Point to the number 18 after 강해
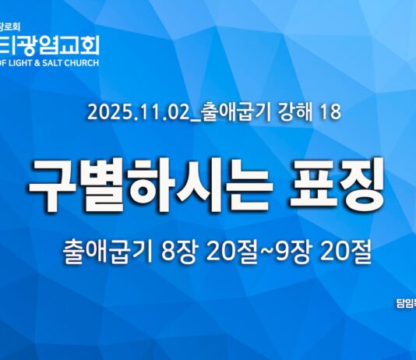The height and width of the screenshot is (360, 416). click(329, 112)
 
